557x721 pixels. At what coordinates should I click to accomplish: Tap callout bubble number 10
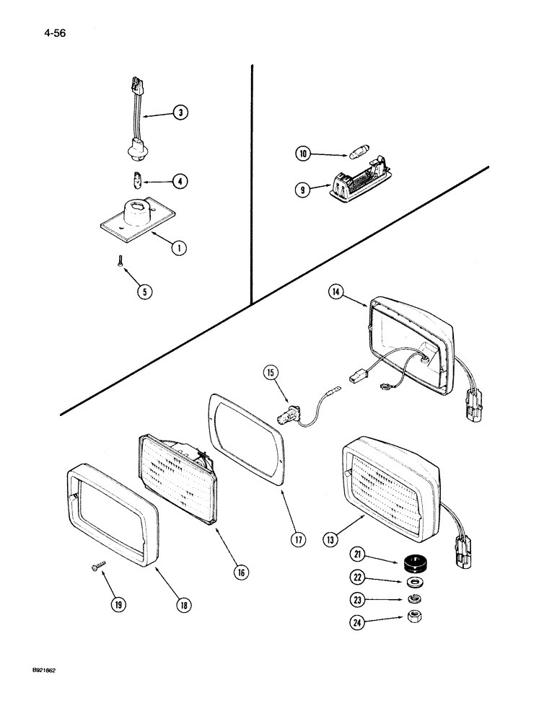click(x=303, y=153)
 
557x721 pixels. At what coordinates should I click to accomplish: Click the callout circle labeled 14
click(x=336, y=292)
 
